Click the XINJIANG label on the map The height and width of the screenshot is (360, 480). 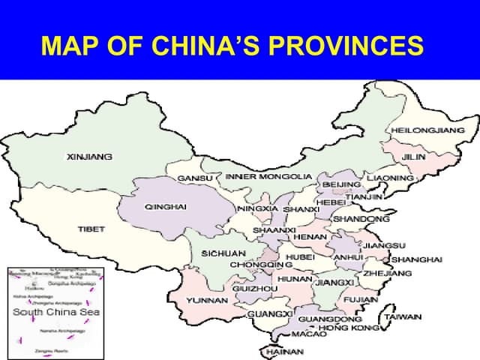pyautogui.click(x=89, y=157)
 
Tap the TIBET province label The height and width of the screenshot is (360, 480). pyautogui.click(x=91, y=229)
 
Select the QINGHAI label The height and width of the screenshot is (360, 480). pyautogui.click(x=165, y=206)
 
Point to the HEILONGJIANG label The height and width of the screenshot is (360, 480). pyautogui.click(x=427, y=130)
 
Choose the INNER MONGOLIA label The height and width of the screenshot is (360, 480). pyautogui.click(x=268, y=176)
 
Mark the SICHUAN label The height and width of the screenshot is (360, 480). pyautogui.click(x=223, y=253)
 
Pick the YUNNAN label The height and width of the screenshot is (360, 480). pyautogui.click(x=206, y=300)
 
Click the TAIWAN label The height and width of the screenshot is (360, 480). pyautogui.click(x=403, y=317)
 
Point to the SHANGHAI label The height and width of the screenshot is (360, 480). pyautogui.click(x=417, y=259)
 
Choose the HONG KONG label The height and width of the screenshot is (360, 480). pyautogui.click(x=349, y=328)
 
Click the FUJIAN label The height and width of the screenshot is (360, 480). pyautogui.click(x=361, y=299)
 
